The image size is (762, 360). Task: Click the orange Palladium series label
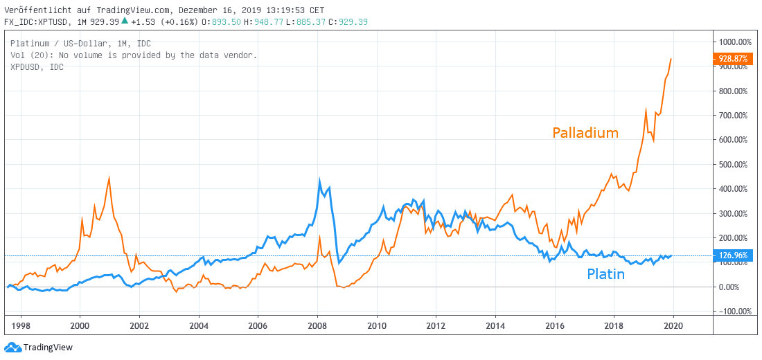[585, 133]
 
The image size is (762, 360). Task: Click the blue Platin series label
[605, 274]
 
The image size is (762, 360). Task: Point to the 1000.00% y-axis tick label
[734, 42]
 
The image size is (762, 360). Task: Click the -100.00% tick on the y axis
[734, 311]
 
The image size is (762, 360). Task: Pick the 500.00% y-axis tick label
[734, 164]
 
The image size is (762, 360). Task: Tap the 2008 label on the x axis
[317, 325]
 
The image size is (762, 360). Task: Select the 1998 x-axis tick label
[21, 325]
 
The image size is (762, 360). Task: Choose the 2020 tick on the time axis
[673, 325]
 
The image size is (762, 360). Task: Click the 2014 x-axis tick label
[495, 325]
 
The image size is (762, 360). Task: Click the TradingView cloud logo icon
[12, 347]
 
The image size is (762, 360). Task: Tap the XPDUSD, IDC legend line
[37, 66]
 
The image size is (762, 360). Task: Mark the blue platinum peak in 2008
[319, 181]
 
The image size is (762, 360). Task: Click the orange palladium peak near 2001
[109, 178]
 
